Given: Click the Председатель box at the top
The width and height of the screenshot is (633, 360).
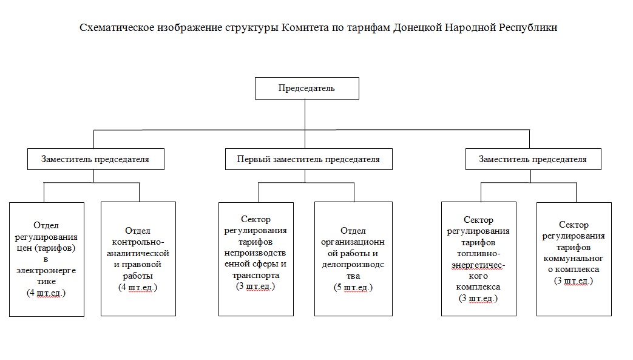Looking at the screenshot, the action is pyautogui.click(x=307, y=88).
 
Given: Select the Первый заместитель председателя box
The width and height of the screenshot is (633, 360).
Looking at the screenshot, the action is pyautogui.click(x=309, y=159).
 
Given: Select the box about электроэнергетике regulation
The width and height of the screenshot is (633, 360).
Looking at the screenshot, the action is pyautogui.click(x=47, y=259).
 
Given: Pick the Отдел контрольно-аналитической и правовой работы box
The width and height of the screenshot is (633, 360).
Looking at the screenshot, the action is pyautogui.click(x=138, y=259).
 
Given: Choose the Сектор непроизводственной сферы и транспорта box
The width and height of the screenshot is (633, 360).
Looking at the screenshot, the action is pyautogui.click(x=256, y=259).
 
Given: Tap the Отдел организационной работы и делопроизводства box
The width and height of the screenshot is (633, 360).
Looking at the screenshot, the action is pyautogui.click(x=353, y=259).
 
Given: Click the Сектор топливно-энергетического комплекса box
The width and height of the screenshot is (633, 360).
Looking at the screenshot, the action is pyautogui.click(x=479, y=259).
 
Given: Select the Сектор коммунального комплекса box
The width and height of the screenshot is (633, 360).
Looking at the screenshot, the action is pyautogui.click(x=574, y=259).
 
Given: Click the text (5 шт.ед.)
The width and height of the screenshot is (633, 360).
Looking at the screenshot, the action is pyautogui.click(x=353, y=287).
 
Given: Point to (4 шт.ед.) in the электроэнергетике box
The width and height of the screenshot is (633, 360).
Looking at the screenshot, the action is pyautogui.click(x=46, y=293).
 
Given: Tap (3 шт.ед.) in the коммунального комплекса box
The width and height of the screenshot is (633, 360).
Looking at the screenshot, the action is pyautogui.click(x=574, y=281).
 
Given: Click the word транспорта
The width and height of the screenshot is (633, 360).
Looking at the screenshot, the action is pyautogui.click(x=256, y=276).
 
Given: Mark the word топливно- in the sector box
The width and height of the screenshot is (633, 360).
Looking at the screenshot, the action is pyautogui.click(x=478, y=254).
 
